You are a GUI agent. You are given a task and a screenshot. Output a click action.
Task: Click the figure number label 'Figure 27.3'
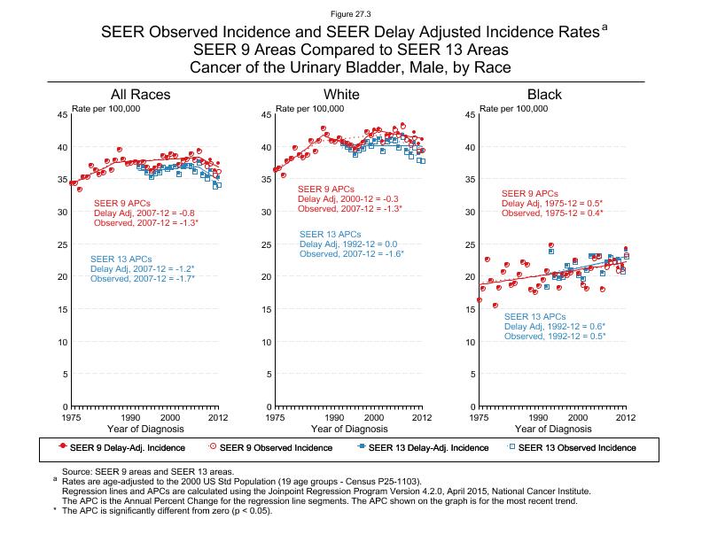click(x=350, y=15)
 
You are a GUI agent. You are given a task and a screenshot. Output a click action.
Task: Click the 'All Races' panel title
click(x=140, y=95)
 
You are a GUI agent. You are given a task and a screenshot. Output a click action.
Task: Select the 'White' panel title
click(x=341, y=95)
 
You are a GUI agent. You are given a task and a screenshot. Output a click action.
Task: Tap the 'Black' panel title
click(x=544, y=95)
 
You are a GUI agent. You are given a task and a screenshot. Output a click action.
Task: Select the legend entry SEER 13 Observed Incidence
click(x=576, y=448)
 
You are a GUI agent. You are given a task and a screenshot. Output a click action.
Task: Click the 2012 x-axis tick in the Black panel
click(x=625, y=416)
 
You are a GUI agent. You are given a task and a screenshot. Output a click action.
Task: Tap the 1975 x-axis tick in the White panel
click(x=276, y=416)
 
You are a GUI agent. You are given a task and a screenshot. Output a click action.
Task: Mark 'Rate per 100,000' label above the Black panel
click(x=513, y=108)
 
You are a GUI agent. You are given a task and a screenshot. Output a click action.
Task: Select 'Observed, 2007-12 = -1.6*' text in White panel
click(x=351, y=254)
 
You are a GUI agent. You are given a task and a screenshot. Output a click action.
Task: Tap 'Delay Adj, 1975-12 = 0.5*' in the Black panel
click(x=553, y=204)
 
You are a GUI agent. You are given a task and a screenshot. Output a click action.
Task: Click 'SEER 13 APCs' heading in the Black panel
click(x=534, y=316)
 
